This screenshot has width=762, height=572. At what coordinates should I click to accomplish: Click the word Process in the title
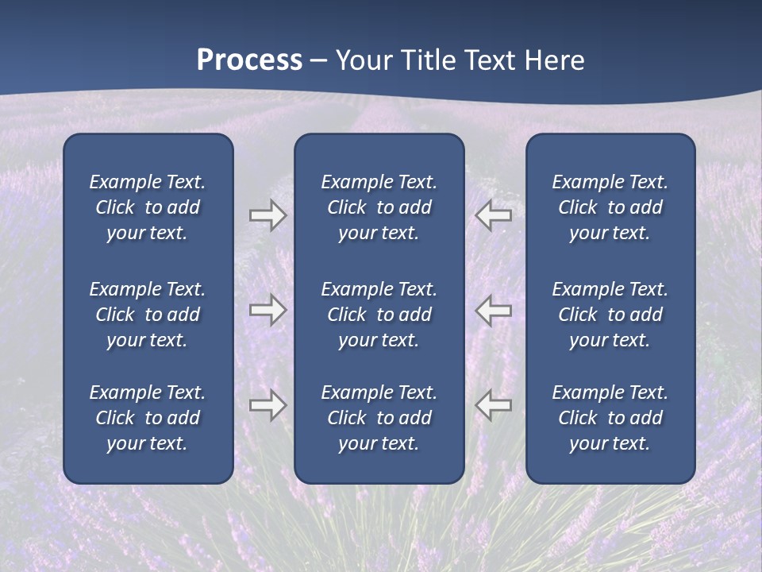coord(249,60)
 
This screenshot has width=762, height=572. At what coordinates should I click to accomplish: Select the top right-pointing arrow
coord(268,215)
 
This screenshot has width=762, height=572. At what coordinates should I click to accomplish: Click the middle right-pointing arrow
coord(268,310)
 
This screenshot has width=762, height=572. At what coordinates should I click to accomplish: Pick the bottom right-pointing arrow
coord(268,406)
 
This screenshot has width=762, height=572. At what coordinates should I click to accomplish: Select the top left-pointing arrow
coord(494,214)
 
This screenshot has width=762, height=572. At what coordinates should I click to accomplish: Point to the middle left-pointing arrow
coord(494,310)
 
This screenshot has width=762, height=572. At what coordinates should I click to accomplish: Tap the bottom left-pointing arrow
coord(494,405)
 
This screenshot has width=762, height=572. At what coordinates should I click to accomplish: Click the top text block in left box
coord(148,207)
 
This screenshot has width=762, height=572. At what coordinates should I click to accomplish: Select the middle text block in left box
coord(148,315)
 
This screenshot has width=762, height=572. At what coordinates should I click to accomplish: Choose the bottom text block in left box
coord(148,418)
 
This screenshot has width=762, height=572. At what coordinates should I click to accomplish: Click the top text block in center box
coord(379,207)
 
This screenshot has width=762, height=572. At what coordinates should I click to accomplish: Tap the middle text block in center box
coord(379,315)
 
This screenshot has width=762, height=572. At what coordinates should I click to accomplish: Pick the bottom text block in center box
coord(379,418)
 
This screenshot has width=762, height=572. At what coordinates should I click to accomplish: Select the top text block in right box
coord(610,207)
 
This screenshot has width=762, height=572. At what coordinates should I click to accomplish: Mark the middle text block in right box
coord(610,315)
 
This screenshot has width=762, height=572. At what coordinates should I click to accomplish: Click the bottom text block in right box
coord(610,418)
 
